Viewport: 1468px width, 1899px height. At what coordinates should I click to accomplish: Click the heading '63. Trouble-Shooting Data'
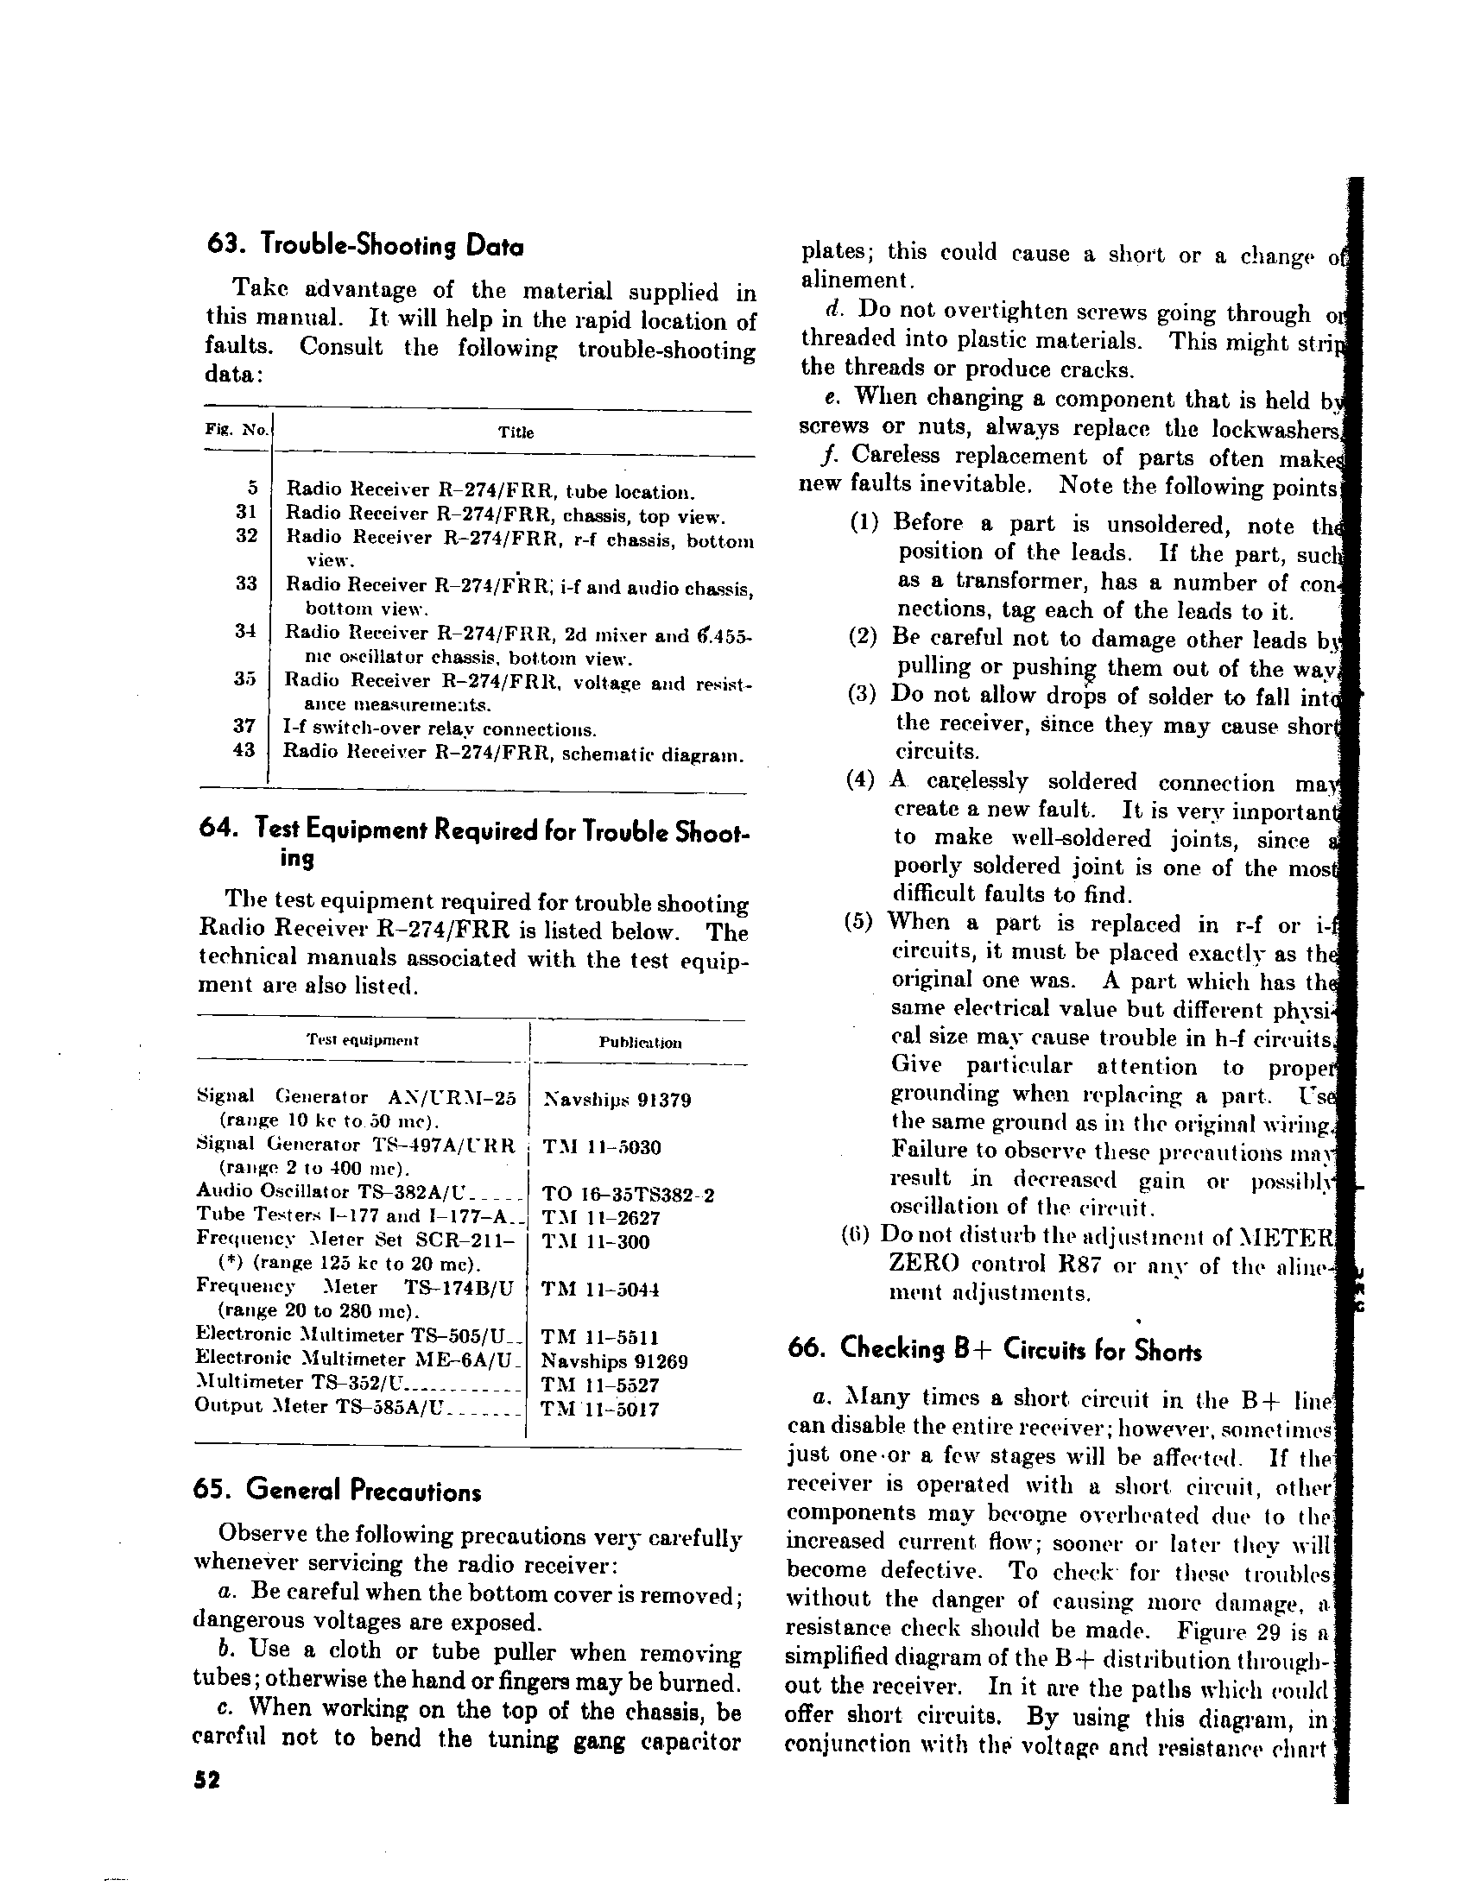click(x=365, y=246)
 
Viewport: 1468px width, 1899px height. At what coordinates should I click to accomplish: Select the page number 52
click(x=207, y=1780)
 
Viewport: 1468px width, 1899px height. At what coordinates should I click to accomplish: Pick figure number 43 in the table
click(x=244, y=749)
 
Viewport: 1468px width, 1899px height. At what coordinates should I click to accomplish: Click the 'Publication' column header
click(x=640, y=1043)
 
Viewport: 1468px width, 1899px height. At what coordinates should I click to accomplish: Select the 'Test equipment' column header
click(x=363, y=1040)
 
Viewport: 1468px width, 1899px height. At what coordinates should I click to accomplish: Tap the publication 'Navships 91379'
click(x=617, y=1100)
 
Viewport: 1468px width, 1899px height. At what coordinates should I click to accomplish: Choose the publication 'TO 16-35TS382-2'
click(x=628, y=1195)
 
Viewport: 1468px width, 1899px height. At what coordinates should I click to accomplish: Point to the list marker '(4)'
click(x=860, y=779)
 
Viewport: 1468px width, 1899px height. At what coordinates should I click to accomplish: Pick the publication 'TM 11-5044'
click(x=600, y=1290)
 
